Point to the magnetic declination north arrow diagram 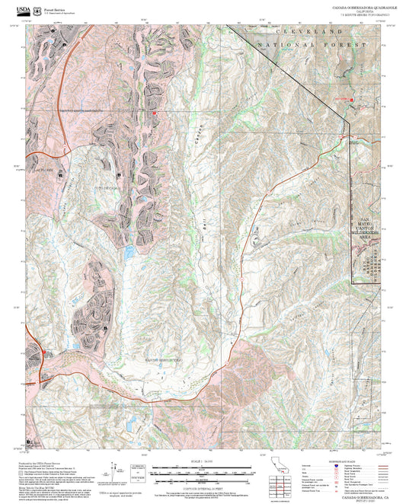click(114, 468)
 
